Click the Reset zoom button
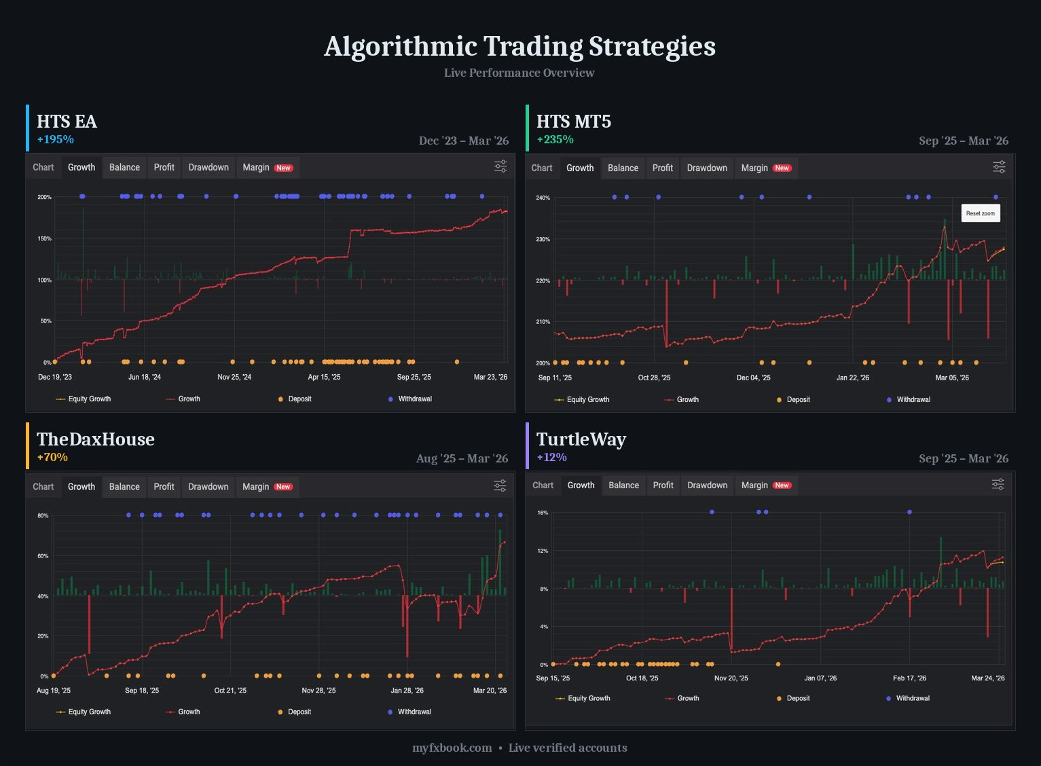[980, 213]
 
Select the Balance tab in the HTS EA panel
[124, 168]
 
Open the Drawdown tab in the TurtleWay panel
[707, 486]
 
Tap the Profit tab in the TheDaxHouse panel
[164, 487]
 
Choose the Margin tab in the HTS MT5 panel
[765, 168]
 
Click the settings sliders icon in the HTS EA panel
[500, 166]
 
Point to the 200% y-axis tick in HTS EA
[44, 197]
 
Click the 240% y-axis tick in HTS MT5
[543, 198]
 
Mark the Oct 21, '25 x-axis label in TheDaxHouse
[230, 691]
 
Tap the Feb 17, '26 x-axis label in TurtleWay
[909, 678]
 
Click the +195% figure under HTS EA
[55, 140]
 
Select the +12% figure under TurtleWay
[551, 458]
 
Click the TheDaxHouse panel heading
[96, 439]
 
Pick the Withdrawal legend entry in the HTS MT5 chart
[913, 400]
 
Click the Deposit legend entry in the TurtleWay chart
[797, 699]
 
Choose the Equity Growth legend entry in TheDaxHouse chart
[89, 712]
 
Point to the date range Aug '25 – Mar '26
[462, 459]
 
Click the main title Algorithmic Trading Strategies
[519, 47]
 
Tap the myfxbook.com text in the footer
[452, 748]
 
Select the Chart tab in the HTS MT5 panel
[542, 168]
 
